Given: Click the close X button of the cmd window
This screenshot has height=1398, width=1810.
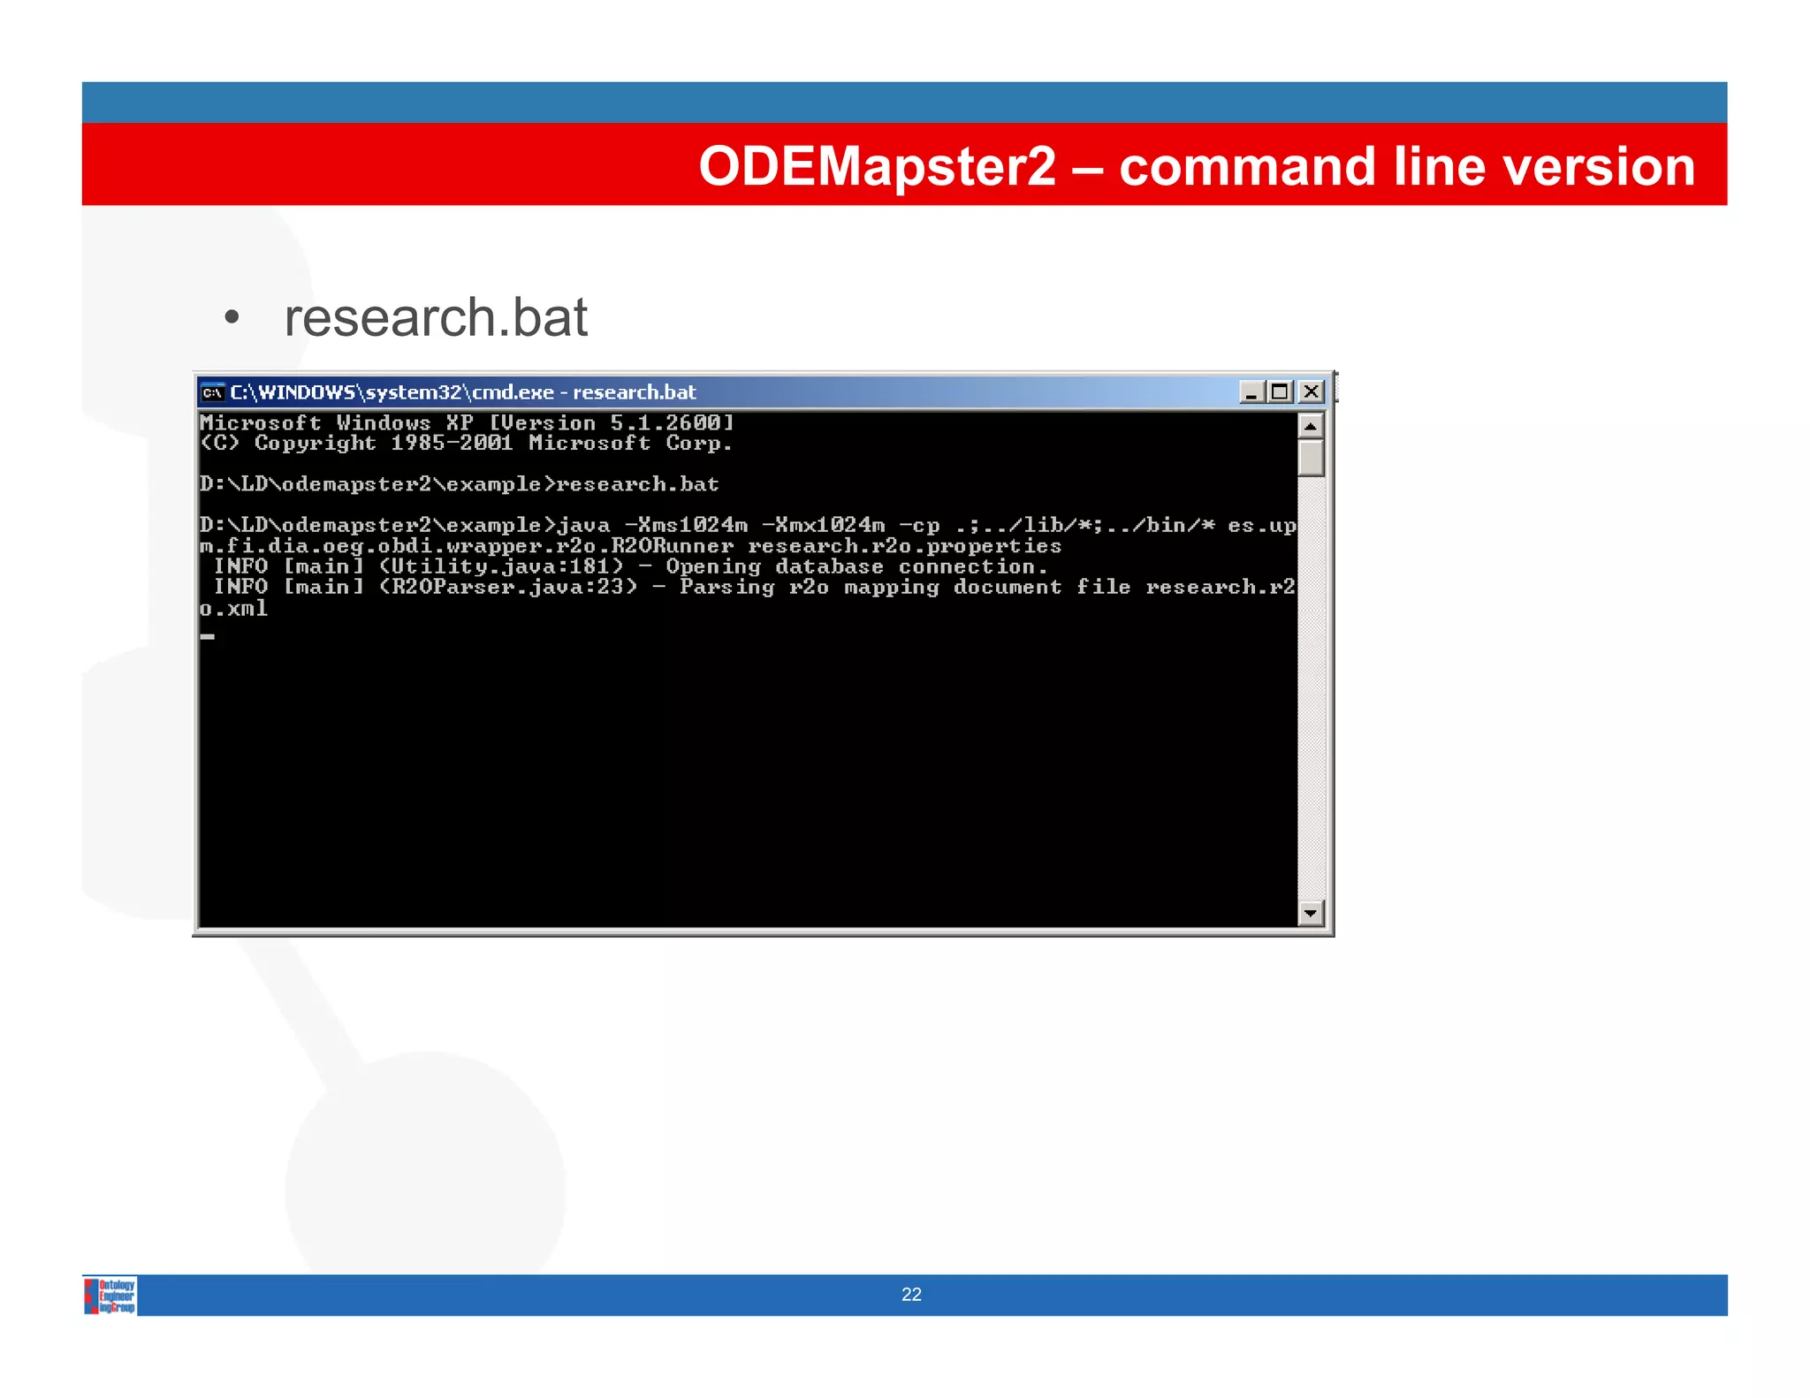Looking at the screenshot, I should click(x=1312, y=391).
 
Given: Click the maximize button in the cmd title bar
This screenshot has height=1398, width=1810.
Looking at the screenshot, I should click(x=1280, y=391).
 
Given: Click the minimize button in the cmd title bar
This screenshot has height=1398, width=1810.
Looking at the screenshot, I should click(x=1251, y=391).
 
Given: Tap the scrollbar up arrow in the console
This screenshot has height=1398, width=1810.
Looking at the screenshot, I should click(x=1311, y=427).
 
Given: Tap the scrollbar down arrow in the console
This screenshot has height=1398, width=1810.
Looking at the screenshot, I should click(x=1311, y=912).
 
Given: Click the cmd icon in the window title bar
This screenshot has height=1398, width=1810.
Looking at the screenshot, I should click(x=212, y=392).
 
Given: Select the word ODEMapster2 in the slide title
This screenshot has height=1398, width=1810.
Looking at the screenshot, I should click(x=877, y=166).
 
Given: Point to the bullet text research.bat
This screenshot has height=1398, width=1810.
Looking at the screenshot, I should click(x=436, y=318).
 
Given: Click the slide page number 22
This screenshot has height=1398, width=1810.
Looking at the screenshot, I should click(x=911, y=1295).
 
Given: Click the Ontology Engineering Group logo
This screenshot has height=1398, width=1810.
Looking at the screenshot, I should click(x=110, y=1295).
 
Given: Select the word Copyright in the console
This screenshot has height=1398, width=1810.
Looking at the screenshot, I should click(x=315, y=444).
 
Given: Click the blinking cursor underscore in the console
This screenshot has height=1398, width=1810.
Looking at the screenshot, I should click(x=208, y=635).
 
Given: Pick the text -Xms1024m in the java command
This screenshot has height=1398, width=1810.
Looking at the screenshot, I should click(x=686, y=526).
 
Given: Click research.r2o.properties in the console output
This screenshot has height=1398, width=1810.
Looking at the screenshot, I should click(x=904, y=546).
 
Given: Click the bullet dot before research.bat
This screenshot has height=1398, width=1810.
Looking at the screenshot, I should click(x=232, y=318).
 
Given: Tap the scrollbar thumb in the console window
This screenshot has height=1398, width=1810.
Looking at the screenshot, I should click(x=1311, y=459).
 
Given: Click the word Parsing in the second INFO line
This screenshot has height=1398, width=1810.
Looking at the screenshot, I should click(x=726, y=588).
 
